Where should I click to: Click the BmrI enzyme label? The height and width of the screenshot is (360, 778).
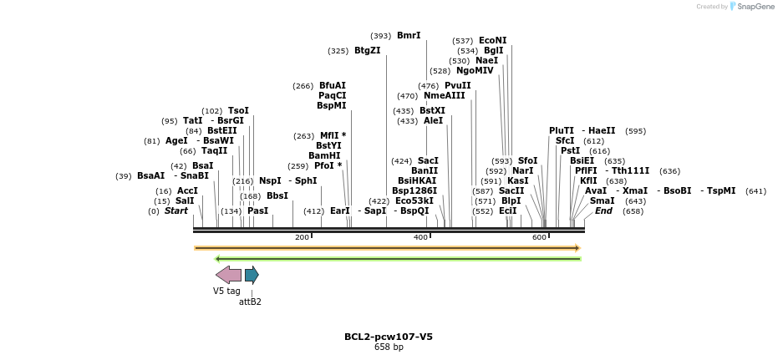(409, 36)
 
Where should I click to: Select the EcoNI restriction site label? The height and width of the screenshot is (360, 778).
(492, 40)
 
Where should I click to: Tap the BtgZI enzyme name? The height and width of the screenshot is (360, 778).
(367, 51)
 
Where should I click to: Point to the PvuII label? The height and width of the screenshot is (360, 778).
(457, 85)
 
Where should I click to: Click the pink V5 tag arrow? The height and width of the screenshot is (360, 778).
(228, 275)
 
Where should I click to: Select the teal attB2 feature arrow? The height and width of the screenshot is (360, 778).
(252, 275)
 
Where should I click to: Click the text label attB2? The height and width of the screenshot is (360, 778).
(250, 302)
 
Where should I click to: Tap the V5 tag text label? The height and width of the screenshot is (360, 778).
(226, 291)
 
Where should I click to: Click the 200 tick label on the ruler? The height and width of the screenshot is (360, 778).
(302, 238)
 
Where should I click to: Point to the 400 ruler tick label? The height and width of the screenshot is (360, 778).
(420, 238)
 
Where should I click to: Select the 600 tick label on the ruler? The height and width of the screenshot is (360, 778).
(539, 238)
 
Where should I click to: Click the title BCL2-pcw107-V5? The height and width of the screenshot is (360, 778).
(389, 337)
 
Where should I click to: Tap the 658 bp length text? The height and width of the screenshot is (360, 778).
(389, 347)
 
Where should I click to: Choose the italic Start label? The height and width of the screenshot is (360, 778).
(175, 211)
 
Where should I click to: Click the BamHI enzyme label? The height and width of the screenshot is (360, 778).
(324, 155)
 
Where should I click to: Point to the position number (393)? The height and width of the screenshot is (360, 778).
(381, 36)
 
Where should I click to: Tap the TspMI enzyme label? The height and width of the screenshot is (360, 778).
(721, 190)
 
